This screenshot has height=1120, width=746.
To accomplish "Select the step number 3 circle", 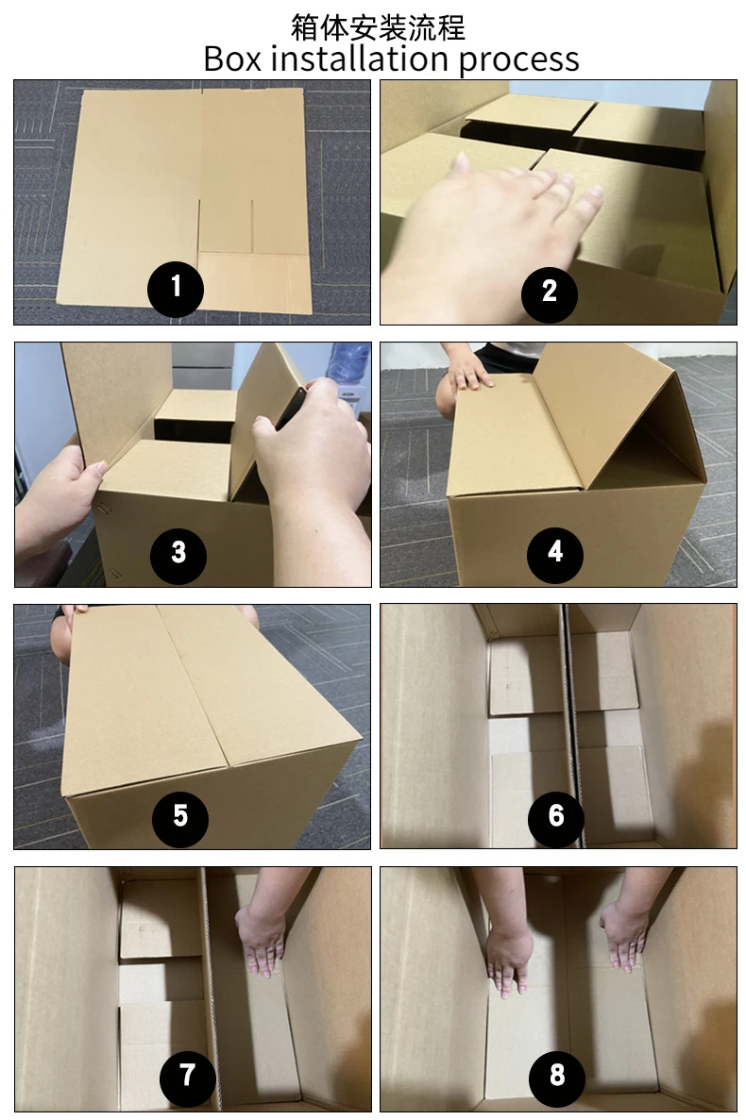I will [x=178, y=552].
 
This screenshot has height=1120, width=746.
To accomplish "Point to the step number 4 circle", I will [x=555, y=552].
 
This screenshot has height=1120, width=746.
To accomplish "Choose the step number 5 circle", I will [x=180, y=814].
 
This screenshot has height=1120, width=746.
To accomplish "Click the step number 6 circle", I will [x=555, y=814].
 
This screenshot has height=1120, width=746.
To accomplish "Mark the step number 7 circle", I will [x=187, y=1076].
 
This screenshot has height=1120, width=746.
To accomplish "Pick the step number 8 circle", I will [x=556, y=1076].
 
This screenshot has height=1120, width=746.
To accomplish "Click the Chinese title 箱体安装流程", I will [x=378, y=25].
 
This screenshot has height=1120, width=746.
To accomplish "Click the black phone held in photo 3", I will [x=291, y=407].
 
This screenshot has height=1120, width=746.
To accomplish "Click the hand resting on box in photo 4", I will [x=467, y=376].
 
